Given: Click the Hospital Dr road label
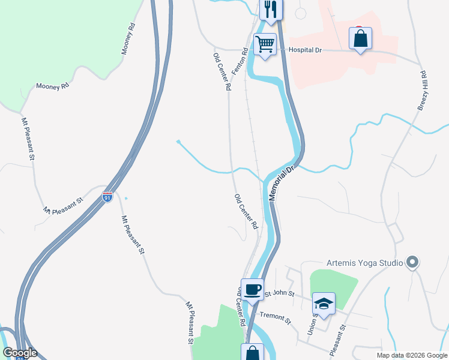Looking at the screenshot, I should point(306,50).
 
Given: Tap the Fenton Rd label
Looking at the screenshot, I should point(244,61).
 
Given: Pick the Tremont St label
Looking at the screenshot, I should point(275,317).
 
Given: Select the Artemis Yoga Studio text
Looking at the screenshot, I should point(364,263).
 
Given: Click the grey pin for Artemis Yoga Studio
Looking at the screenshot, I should point(412,262).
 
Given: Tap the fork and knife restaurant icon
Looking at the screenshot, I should point(271,9).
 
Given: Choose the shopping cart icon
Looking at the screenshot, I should point(265,44).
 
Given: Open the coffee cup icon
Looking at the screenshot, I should point(252,289).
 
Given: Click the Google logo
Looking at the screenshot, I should point(20,353).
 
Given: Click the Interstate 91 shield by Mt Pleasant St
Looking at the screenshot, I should point(107,197).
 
